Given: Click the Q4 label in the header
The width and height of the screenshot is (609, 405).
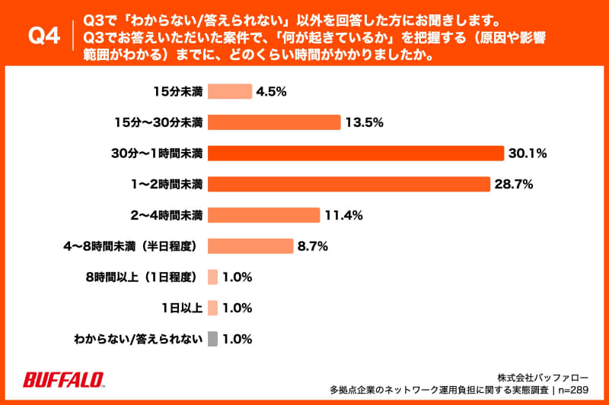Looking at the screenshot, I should (x=43, y=36).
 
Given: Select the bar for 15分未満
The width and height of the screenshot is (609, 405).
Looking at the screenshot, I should (x=229, y=91).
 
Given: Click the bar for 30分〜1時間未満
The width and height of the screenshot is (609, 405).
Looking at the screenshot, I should (x=356, y=153).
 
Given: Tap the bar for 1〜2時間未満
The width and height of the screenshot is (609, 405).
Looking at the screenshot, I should (x=349, y=184).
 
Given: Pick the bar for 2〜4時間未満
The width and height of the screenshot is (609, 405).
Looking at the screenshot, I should (x=263, y=215).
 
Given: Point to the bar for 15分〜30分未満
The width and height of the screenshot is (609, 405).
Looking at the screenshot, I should (x=273, y=122).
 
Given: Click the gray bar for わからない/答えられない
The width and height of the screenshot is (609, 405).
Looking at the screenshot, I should (x=212, y=339).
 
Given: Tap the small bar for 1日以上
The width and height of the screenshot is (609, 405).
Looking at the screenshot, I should (x=212, y=308).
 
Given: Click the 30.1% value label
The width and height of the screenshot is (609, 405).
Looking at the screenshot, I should (x=528, y=153).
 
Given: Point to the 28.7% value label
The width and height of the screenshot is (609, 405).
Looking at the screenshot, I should (x=514, y=184).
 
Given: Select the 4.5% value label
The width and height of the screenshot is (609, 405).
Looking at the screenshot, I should (x=272, y=91).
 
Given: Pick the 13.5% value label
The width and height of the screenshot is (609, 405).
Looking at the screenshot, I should (x=364, y=122).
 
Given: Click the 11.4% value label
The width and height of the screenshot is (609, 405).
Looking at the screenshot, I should (x=343, y=215).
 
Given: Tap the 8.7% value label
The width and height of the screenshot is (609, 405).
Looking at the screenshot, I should (x=312, y=246).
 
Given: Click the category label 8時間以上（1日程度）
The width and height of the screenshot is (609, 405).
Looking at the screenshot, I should (x=143, y=277).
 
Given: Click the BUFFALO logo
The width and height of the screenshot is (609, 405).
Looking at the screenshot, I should (x=64, y=380).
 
